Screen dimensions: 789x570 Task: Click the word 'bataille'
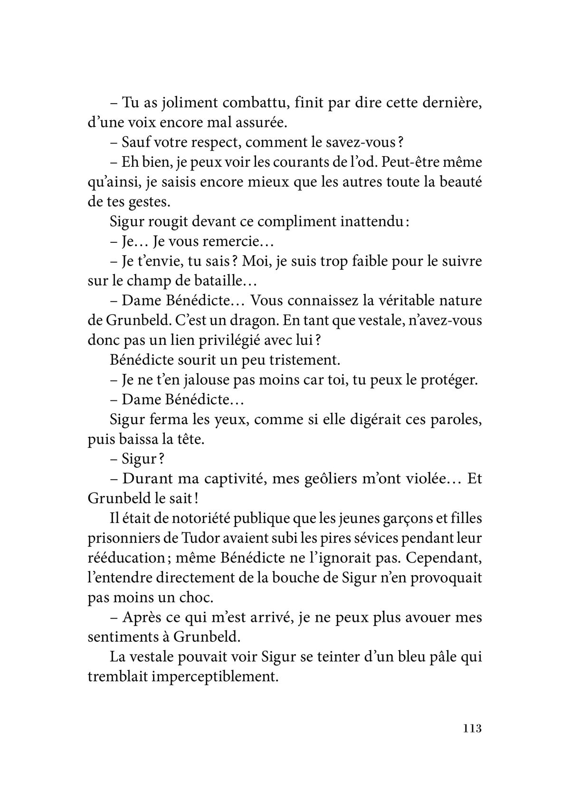point(216,281)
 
